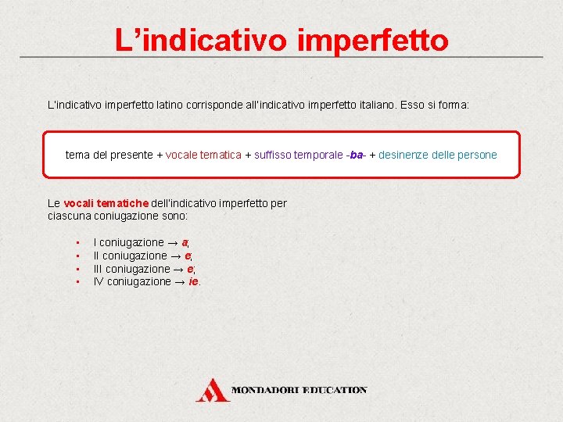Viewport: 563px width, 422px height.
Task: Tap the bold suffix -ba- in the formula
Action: coord(357,155)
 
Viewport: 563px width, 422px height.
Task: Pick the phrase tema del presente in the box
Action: coord(109,155)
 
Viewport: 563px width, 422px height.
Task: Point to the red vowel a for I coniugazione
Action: coord(185,242)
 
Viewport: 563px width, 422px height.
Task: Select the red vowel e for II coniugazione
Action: coord(188,256)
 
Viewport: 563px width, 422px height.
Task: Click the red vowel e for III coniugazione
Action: coord(192,269)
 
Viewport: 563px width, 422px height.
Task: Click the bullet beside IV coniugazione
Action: coord(79,282)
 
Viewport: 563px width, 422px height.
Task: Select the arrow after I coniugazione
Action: coord(174,242)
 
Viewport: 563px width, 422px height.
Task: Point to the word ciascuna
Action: coord(69,216)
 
